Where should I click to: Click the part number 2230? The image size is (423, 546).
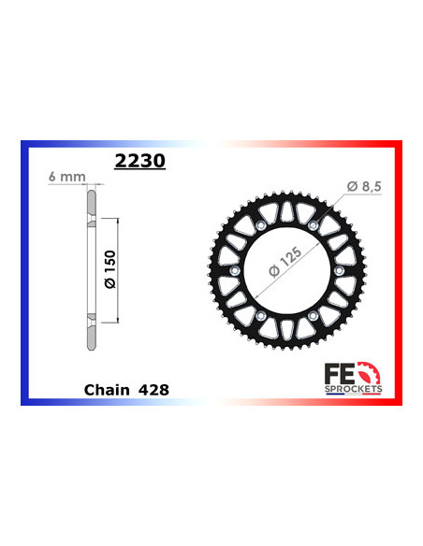pyautogui.click(x=139, y=161)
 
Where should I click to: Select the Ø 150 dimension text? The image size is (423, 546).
pyautogui.click(x=109, y=270)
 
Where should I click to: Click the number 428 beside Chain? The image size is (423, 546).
pyautogui.click(x=154, y=388)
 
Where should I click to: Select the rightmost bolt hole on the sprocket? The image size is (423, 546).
pyautogui.click(x=338, y=272)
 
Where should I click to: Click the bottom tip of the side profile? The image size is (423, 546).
pyautogui.click(x=91, y=352)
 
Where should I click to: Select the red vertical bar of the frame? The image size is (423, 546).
pyautogui.click(x=400, y=272)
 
